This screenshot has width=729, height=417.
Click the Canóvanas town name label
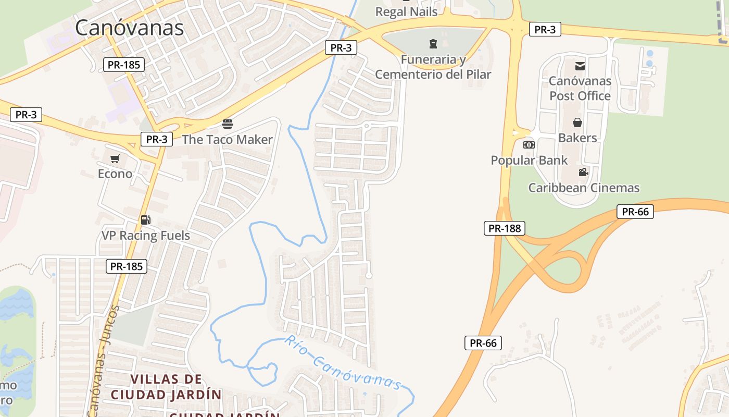[x=129, y=28]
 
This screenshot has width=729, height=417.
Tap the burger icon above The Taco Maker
[x=228, y=124]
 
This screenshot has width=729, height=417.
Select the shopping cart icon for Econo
[x=115, y=158]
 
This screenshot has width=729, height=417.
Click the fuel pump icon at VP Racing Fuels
[x=146, y=220]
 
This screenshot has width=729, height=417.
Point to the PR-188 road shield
[x=504, y=228]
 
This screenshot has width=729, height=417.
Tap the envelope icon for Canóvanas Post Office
[x=580, y=66]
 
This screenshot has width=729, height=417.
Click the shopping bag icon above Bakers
[x=577, y=122]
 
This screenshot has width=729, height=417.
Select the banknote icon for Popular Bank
[x=529, y=144]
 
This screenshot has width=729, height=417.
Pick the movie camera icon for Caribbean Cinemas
[x=583, y=172]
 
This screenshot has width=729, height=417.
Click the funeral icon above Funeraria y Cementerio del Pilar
[x=433, y=43]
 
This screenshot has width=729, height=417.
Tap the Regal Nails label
[x=406, y=11]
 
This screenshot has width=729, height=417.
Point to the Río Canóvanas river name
[x=343, y=363]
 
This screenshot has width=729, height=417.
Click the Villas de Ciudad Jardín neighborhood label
[x=166, y=386]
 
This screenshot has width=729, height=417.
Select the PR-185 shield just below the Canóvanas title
[x=123, y=65]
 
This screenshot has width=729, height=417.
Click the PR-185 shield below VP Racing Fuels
[x=127, y=266]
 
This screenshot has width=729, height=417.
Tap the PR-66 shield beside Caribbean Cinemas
[x=635, y=212]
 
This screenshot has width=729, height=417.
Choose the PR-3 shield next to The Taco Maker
[x=156, y=139]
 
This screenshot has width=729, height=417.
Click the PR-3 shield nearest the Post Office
[x=545, y=30]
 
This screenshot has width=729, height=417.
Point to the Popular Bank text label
[x=529, y=160]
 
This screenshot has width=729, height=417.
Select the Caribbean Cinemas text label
[x=584, y=188]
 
